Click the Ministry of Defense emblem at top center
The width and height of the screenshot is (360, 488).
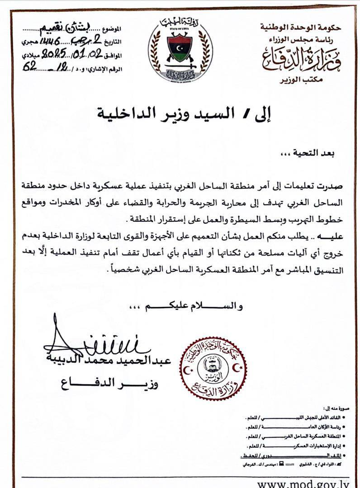[x=180, y=49]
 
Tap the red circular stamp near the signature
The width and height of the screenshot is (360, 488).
[x=213, y=368]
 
